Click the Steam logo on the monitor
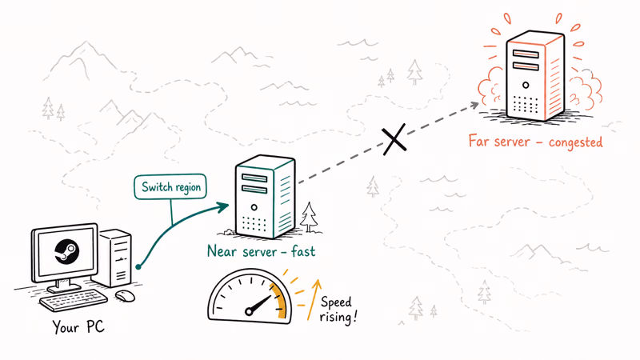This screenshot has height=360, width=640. pyautogui.click(x=66, y=251)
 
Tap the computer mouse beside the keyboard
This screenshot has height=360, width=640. pyautogui.click(x=125, y=295)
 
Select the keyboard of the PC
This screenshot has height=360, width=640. pyautogui.click(x=74, y=301)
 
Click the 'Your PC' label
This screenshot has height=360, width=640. pyautogui.click(x=78, y=326)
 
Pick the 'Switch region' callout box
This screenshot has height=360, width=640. pyautogui.click(x=170, y=187)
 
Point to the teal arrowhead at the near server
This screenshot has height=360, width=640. pyautogui.click(x=223, y=207)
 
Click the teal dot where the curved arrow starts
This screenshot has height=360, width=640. pyautogui.click(x=138, y=267)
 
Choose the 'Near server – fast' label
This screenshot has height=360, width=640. pyautogui.click(x=262, y=251)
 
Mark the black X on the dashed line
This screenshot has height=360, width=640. pyautogui.click(x=394, y=139)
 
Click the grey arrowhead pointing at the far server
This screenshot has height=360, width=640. pyautogui.click(x=474, y=105)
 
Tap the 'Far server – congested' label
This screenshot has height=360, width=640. pyautogui.click(x=535, y=142)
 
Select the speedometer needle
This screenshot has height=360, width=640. pyautogui.click(x=258, y=305)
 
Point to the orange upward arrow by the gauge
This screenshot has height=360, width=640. pyautogui.click(x=314, y=299)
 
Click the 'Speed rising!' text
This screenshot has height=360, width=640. pyautogui.click(x=338, y=310)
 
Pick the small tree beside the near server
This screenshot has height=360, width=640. pyautogui.click(x=309, y=217)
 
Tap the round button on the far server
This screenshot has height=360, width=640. pyautogui.click(x=526, y=86)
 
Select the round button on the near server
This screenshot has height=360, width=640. pyautogui.click(x=254, y=207)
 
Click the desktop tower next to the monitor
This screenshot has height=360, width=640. pyautogui.click(x=115, y=258)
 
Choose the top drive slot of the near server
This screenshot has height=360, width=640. pyautogui.click(x=254, y=178)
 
